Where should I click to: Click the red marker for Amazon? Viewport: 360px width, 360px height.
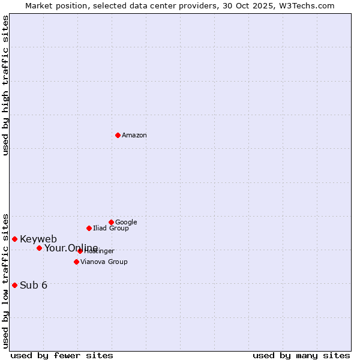point(118,135)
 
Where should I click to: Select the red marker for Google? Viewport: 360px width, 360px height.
point(111,222)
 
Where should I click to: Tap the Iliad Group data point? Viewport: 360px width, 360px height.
point(89,228)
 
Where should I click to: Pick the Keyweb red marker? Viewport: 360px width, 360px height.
point(14,239)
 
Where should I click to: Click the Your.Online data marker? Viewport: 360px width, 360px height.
point(39,248)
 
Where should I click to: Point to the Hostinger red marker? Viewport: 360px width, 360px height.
point(80,251)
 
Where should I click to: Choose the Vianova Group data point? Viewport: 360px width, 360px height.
point(76,262)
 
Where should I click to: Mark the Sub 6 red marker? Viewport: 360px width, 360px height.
point(14,285)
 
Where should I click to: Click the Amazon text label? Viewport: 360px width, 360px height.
point(134,136)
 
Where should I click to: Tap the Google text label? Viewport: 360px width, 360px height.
point(126,223)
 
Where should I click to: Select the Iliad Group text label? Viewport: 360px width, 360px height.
point(111,229)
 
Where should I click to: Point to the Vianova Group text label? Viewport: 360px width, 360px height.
point(104,262)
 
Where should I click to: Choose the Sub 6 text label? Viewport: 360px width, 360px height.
point(34,286)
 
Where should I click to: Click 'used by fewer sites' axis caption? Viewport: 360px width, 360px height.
point(62,355)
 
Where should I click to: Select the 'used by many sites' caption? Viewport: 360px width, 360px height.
point(301,355)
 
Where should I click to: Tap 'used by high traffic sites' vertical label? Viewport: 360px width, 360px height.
point(5,85)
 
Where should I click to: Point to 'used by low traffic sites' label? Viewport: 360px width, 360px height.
point(5,280)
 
